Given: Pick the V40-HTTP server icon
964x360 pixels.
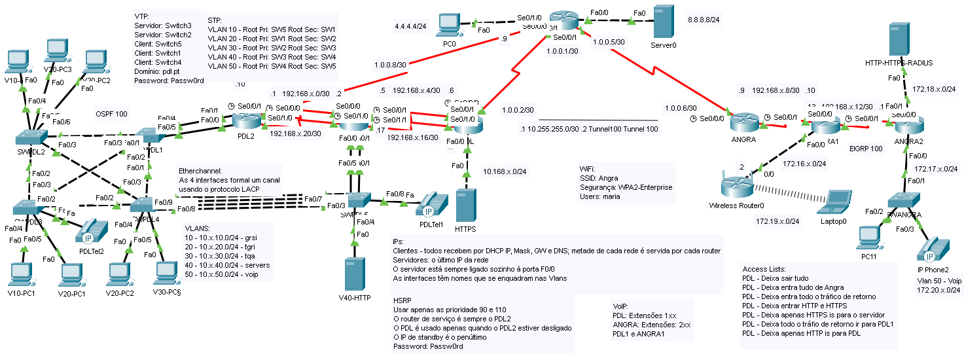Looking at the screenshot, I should [x=354, y=274].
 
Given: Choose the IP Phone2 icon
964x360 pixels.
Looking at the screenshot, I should [x=933, y=249].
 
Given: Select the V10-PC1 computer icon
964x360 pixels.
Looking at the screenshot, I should [x=20, y=274].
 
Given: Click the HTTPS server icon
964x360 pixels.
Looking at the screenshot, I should [x=465, y=206].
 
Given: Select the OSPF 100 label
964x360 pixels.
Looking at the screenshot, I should [x=111, y=113].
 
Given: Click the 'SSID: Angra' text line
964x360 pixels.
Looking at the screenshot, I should [x=599, y=177].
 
